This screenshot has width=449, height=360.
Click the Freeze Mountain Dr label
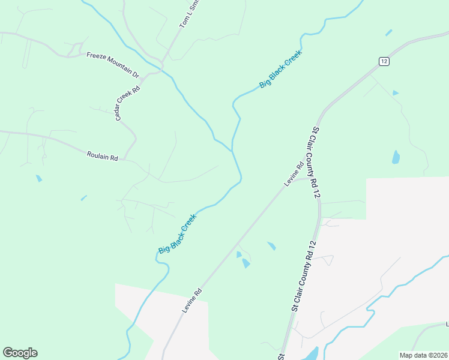click(x=112, y=65)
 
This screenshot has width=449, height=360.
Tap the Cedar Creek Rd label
click(x=128, y=103)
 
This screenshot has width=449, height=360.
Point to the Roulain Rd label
click(x=102, y=156)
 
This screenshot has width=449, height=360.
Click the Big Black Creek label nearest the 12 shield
click(x=280, y=69)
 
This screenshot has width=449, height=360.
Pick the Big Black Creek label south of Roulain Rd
click(x=178, y=233)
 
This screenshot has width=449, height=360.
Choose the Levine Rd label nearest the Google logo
click(x=192, y=301)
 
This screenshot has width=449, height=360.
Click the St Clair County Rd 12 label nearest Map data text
click(x=303, y=276)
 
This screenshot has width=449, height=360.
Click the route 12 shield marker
click(x=384, y=61)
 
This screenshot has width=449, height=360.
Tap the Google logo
click(x=20, y=353)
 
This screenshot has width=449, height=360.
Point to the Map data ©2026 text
click(x=423, y=355)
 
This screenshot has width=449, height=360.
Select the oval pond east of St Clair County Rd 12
click(x=396, y=157)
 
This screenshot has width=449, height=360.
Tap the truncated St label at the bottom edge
click(x=280, y=356)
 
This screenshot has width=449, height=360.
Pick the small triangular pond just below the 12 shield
click(x=394, y=93)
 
